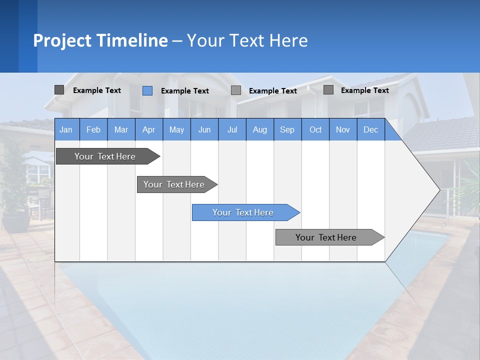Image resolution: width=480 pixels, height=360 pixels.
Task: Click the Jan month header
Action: click(66, 129)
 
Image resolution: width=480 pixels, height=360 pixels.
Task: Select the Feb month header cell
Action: click(93, 129)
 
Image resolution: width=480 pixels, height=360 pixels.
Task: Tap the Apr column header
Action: click(148, 129)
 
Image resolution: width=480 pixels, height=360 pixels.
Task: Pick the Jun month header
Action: click(204, 129)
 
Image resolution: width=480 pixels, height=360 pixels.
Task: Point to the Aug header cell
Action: click(260, 129)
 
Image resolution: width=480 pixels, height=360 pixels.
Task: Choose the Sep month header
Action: click(287, 129)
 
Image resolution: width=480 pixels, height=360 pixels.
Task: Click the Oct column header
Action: click(315, 129)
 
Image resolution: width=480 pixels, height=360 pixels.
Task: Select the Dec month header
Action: click(371, 129)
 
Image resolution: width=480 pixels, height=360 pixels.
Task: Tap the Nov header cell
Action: click(343, 129)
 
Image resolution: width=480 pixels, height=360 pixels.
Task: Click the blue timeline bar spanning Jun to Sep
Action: click(243, 212)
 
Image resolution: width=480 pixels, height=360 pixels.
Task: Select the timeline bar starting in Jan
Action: click(105, 156)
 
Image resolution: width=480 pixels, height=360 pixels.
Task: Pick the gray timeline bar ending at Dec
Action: click(326, 237)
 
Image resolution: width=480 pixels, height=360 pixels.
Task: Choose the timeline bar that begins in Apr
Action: click(174, 184)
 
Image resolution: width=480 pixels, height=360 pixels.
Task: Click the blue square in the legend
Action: click(147, 90)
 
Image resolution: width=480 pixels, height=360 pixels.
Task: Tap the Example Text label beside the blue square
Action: click(185, 91)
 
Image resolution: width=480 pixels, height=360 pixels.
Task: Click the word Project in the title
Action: click(62, 40)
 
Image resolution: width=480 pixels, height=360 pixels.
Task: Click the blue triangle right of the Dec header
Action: click(391, 133)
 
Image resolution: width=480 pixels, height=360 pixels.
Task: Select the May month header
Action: click(176, 129)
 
